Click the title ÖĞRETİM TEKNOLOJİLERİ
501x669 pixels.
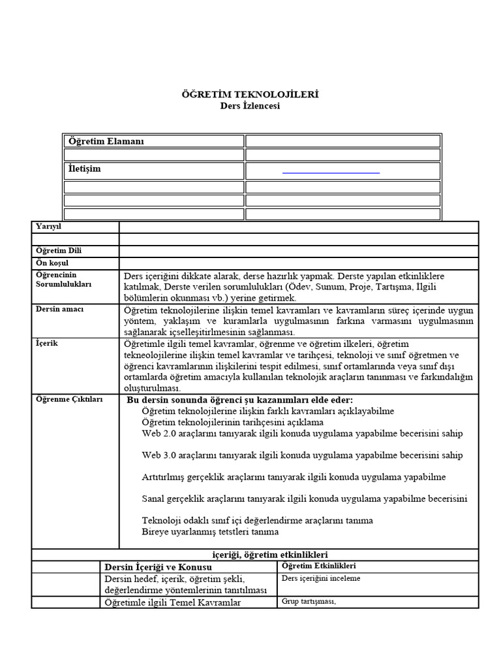[x=250, y=95]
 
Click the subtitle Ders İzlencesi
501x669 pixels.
[x=250, y=106]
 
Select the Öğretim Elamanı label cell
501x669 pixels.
[x=106, y=141]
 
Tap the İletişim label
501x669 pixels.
[x=85, y=169]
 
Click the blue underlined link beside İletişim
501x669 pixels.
[x=331, y=172]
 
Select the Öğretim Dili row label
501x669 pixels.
[x=59, y=251]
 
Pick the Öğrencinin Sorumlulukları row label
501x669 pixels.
[x=63, y=280]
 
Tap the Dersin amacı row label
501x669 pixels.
[x=59, y=309]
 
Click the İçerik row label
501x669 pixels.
[x=46, y=343]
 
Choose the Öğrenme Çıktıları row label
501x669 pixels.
[x=69, y=399]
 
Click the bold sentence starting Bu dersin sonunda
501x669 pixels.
[x=239, y=400]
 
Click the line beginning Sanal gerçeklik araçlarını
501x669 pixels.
[x=304, y=499]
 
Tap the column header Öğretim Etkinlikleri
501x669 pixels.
[x=318, y=566]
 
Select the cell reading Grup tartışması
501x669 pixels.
[x=308, y=602]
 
